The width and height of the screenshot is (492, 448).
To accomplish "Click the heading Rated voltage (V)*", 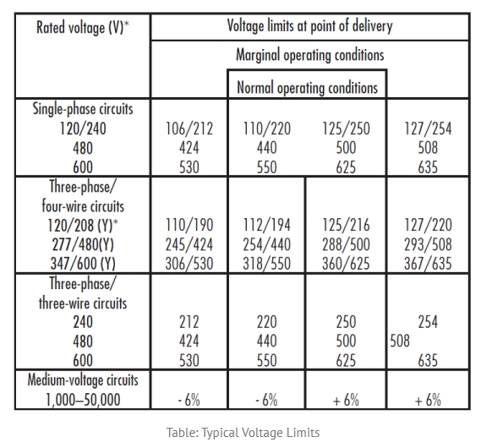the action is [83, 27].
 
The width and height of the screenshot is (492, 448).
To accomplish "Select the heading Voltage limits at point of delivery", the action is [309, 25].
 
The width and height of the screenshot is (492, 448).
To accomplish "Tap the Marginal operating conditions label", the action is [309, 55].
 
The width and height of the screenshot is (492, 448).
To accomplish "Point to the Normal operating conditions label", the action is [307, 87].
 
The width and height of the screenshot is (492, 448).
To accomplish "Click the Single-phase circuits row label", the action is [83, 109].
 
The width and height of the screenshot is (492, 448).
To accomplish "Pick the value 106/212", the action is [189, 128].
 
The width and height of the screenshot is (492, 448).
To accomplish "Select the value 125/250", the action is [346, 128].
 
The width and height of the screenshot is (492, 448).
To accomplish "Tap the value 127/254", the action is [428, 128].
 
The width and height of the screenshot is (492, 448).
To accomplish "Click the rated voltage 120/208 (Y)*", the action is [83, 225].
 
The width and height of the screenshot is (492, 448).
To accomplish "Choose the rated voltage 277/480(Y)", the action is [83, 244].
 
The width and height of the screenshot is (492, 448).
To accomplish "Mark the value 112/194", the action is [267, 225].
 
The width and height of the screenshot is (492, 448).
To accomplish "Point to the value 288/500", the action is [346, 244].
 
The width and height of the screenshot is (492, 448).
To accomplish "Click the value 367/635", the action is [428, 264].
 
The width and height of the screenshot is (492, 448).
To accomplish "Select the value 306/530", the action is [189, 264].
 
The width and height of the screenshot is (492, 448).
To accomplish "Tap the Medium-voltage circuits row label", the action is [83, 380].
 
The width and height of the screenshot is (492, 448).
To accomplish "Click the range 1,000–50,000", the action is [83, 400].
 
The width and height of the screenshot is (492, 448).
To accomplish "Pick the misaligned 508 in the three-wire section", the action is [400, 341].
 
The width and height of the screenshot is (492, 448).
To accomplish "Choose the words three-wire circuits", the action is [83, 303].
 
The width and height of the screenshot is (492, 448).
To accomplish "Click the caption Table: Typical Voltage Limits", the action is [243, 433].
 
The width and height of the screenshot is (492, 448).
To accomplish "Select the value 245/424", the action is [189, 244].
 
